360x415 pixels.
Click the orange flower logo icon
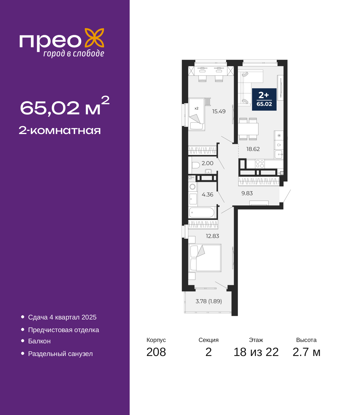click(x=94, y=38)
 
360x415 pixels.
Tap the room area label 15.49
click(x=219, y=111)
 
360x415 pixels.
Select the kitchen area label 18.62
click(x=253, y=149)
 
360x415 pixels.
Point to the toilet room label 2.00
click(x=208, y=163)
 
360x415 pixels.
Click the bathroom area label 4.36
click(x=208, y=194)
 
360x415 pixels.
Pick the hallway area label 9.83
click(x=247, y=193)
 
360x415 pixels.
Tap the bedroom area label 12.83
click(x=212, y=236)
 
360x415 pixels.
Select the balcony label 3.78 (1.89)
click(x=209, y=301)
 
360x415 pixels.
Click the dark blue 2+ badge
click(x=264, y=99)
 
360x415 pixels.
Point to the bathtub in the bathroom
click(x=202, y=212)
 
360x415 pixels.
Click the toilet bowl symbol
click(x=195, y=165)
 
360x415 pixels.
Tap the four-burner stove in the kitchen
click(x=260, y=164)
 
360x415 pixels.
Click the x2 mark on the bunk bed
click(x=196, y=108)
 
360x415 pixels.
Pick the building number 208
click(x=156, y=352)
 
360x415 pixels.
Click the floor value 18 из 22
click(x=256, y=352)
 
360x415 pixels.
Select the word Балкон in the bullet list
click(x=39, y=341)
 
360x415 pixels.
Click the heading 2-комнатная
click(x=60, y=131)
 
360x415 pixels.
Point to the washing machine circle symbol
click(x=193, y=187)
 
